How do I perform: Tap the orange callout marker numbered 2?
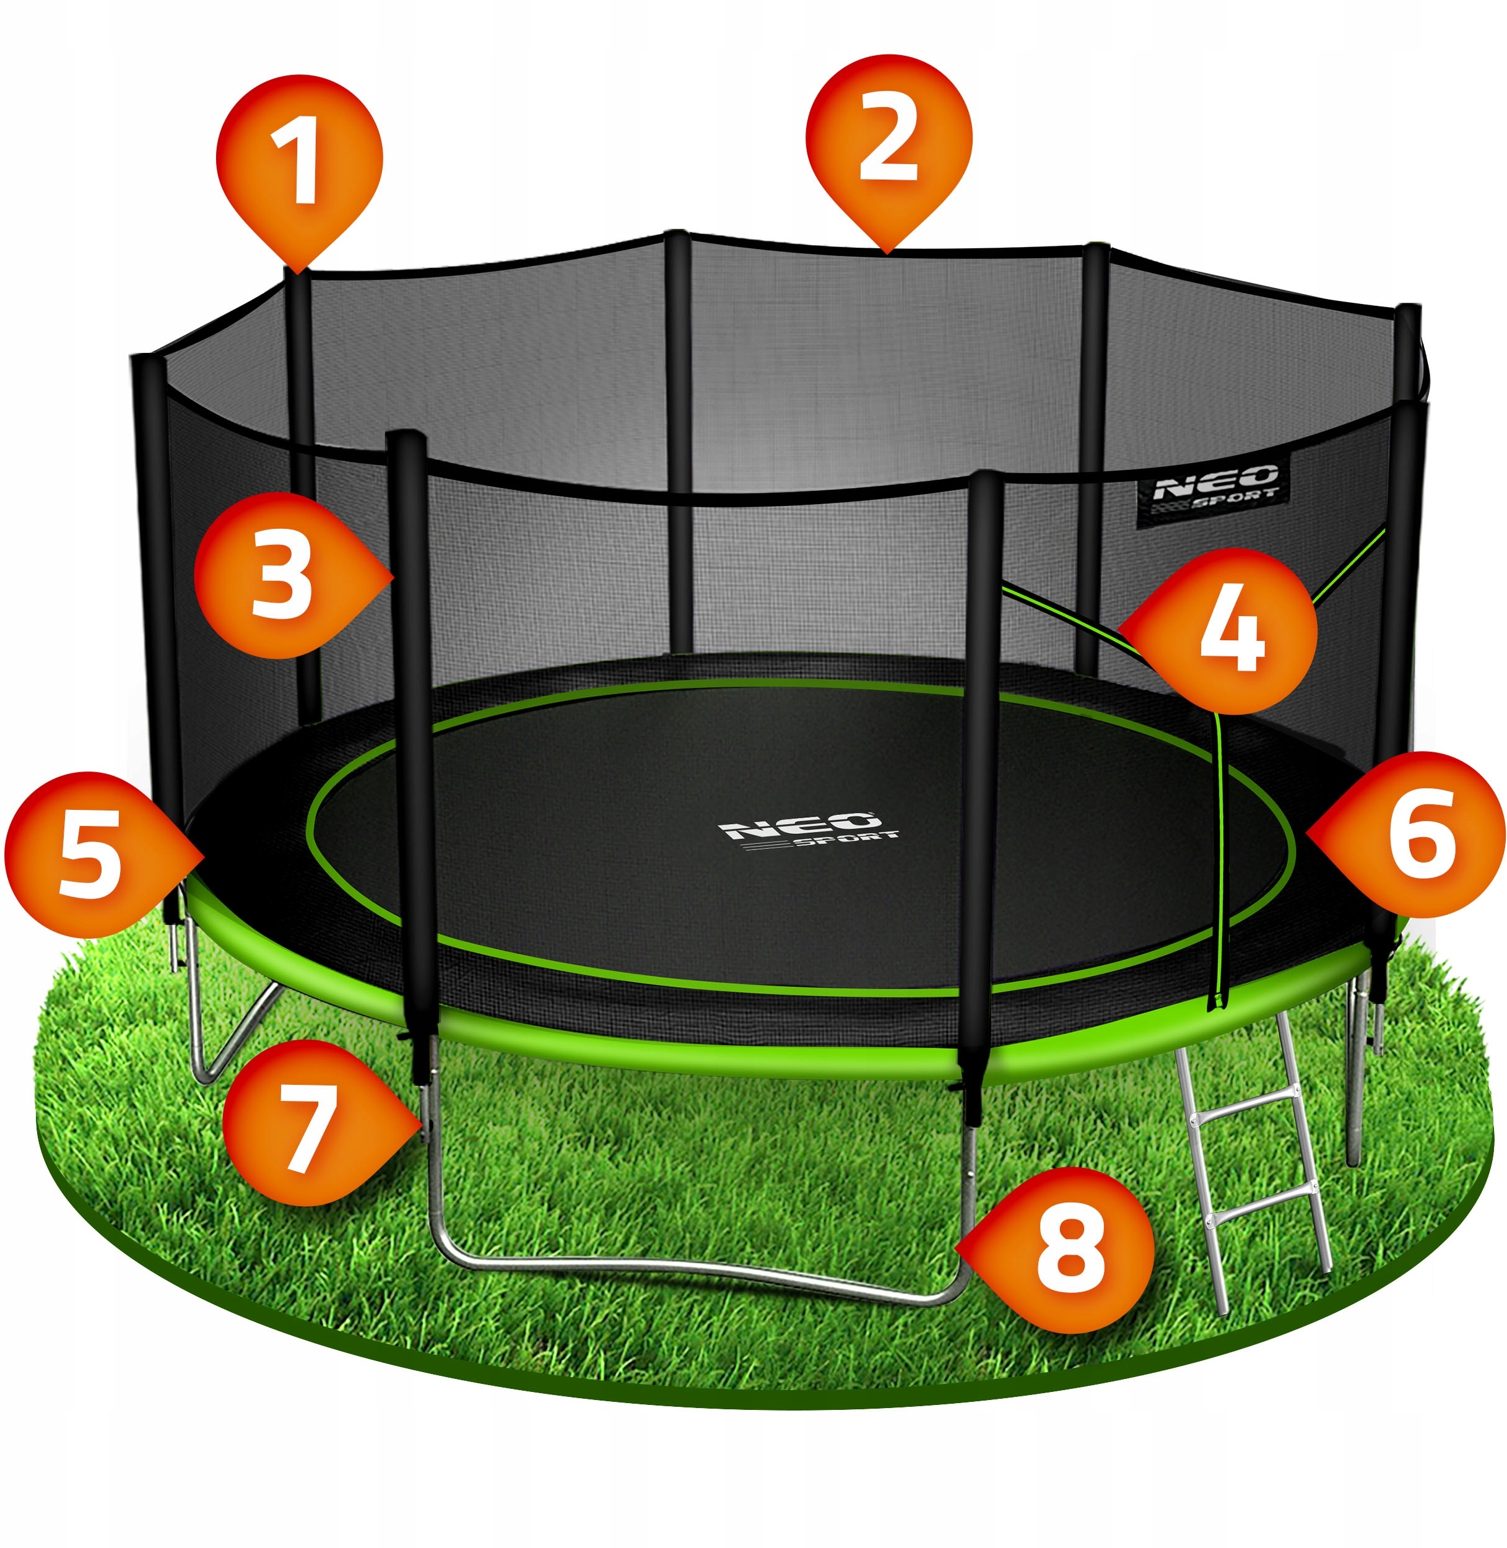(x=888, y=142)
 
